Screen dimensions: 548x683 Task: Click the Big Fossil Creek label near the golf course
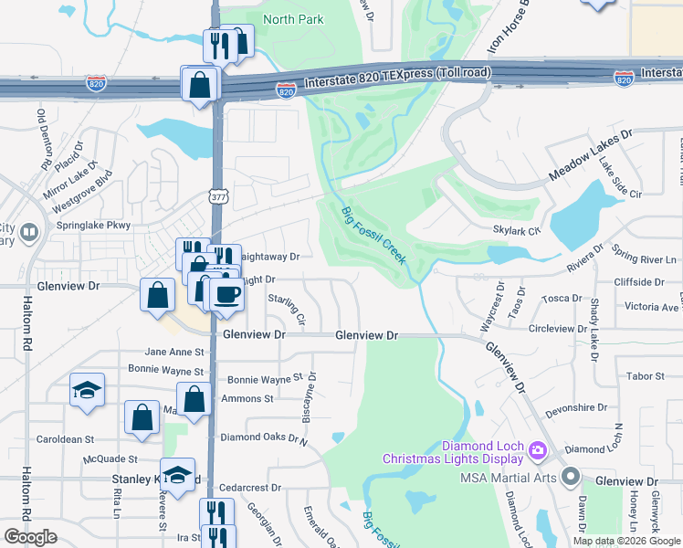coord(374,236)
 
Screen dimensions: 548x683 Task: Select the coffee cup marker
coord(226,294)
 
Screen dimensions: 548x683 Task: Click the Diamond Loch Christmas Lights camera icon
coord(537,448)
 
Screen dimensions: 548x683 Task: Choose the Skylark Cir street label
coord(517,231)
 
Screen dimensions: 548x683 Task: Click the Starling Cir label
coord(287,309)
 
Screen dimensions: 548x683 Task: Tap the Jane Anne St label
coord(173,352)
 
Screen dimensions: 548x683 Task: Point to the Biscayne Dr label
coord(310,397)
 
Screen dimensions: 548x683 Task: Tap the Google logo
coord(31,537)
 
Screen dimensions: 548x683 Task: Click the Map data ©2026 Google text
coord(625,541)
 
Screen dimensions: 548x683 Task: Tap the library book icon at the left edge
coord(30,233)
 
